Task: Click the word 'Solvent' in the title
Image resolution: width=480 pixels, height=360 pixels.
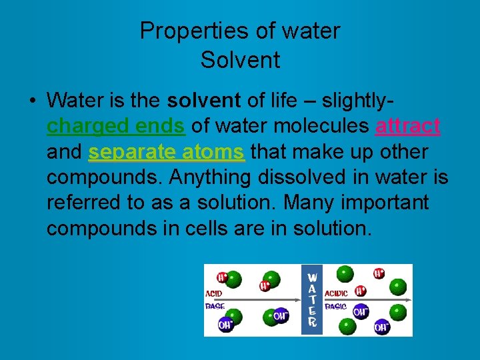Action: pyautogui.click(x=240, y=60)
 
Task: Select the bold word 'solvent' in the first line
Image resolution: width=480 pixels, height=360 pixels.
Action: pyautogui.click(x=203, y=101)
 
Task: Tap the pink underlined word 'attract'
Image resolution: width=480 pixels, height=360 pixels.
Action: pyautogui.click(x=407, y=126)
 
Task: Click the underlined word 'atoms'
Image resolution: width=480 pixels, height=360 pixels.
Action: pyautogui.click(x=212, y=152)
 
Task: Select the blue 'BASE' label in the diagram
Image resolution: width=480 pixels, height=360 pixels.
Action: pyautogui.click(x=215, y=307)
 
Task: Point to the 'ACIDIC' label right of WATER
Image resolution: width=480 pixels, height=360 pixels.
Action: pyautogui.click(x=335, y=293)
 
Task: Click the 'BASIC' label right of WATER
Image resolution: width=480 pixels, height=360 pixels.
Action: pyautogui.click(x=335, y=307)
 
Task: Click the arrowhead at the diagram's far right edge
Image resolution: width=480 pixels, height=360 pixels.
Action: pyautogui.click(x=408, y=300)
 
